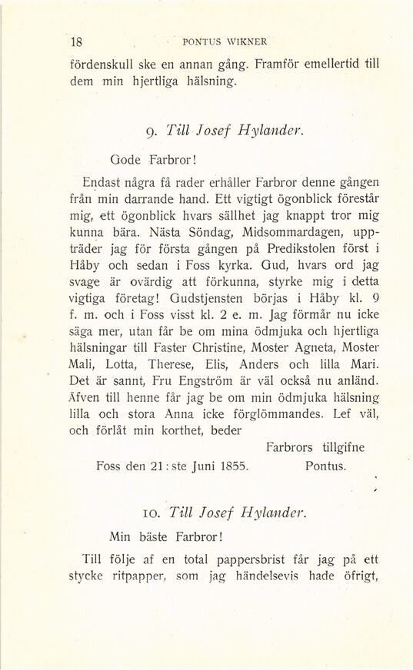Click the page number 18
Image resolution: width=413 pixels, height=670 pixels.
[76, 41]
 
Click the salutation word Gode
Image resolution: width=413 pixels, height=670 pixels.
[128, 162]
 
